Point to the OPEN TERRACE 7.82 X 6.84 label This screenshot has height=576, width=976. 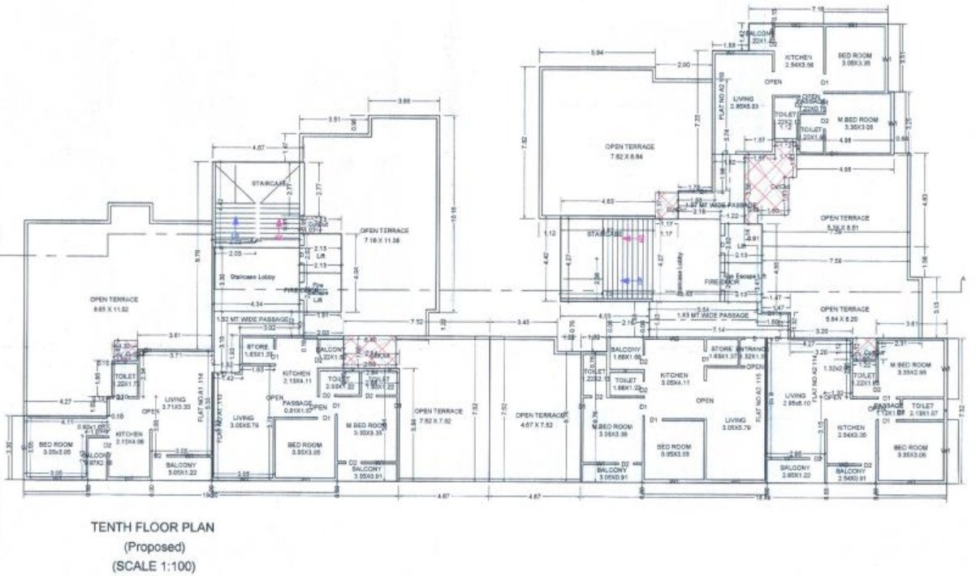[x=629, y=150]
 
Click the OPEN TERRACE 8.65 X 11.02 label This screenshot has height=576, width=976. [x=110, y=303]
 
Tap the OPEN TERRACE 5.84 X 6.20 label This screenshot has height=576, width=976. [x=844, y=314]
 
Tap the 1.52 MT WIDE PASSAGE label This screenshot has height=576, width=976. [x=254, y=320]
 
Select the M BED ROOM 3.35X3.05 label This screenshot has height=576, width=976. [x=859, y=123]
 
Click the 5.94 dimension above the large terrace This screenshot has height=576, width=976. [x=598, y=54]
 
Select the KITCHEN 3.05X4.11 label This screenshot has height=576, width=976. [x=675, y=379]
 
